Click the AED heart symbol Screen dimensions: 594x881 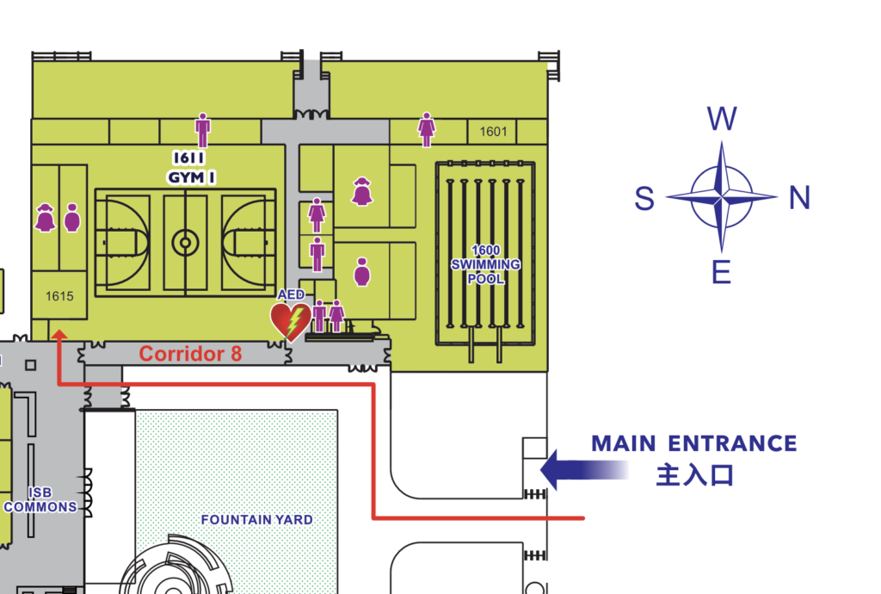coord(291,321)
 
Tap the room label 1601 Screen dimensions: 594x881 coord(493,132)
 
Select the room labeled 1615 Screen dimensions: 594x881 coord(59,296)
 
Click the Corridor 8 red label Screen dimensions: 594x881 coord(190,354)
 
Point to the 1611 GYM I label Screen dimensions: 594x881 coord(191,167)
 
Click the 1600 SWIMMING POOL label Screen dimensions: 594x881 coord(485,264)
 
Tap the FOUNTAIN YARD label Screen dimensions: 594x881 coord(256,520)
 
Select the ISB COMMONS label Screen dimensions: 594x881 coord(40,499)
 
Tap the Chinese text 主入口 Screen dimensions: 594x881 coord(694,474)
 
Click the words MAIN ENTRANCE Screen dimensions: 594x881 coord(693,444)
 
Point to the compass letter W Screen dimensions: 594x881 coord(721,120)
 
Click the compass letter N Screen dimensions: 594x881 coord(799,199)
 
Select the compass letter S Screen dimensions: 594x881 coord(644,199)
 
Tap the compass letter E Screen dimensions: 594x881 coord(721,273)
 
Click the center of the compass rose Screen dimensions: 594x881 coord(722,197)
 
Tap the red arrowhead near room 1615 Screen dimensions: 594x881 coord(59,337)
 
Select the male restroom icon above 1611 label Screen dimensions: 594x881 coord(202,130)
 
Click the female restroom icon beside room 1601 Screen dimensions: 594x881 coord(426,129)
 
